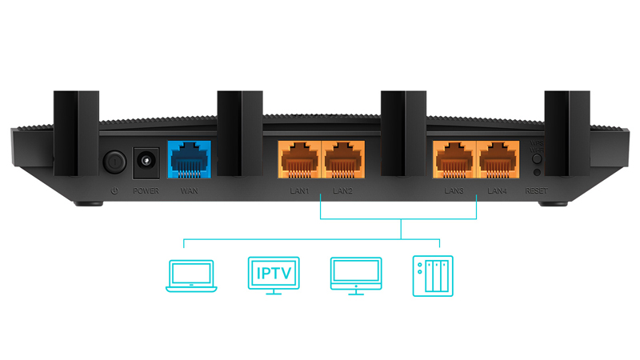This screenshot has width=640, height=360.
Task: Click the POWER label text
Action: [x=146, y=191]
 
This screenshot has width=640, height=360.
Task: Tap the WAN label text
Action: [x=190, y=191]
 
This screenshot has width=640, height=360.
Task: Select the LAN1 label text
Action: [x=299, y=191]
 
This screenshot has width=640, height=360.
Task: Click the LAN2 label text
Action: [x=342, y=191]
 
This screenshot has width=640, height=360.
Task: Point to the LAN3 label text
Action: [x=454, y=191]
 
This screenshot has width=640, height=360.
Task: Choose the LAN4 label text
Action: [x=497, y=191]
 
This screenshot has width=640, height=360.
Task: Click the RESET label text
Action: [x=536, y=191]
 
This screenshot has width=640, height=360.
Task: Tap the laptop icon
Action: [x=190, y=275]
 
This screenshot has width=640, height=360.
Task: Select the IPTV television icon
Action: [x=274, y=275]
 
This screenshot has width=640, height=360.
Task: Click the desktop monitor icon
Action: [x=354, y=275]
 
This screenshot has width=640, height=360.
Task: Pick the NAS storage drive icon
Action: [x=432, y=276]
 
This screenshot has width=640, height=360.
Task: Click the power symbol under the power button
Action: [x=114, y=191]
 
